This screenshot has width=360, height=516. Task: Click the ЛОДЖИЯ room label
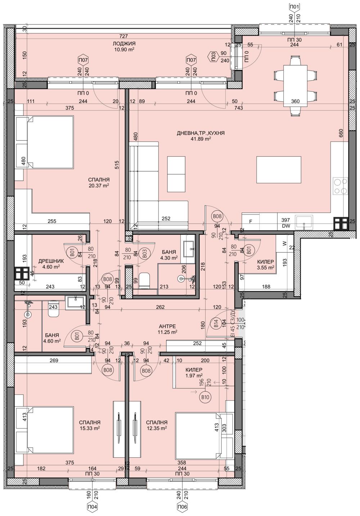(123, 43)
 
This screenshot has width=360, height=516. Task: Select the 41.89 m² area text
(201, 139)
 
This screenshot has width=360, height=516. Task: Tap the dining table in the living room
(295, 85)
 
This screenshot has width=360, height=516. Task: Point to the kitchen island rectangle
(279, 170)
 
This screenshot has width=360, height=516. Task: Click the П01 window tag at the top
(294, 6)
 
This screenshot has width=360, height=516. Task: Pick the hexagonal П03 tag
(213, 56)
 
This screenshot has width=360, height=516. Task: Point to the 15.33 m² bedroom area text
(90, 428)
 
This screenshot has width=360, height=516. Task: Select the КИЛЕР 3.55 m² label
(265, 265)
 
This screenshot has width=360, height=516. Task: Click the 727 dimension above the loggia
(123, 36)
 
